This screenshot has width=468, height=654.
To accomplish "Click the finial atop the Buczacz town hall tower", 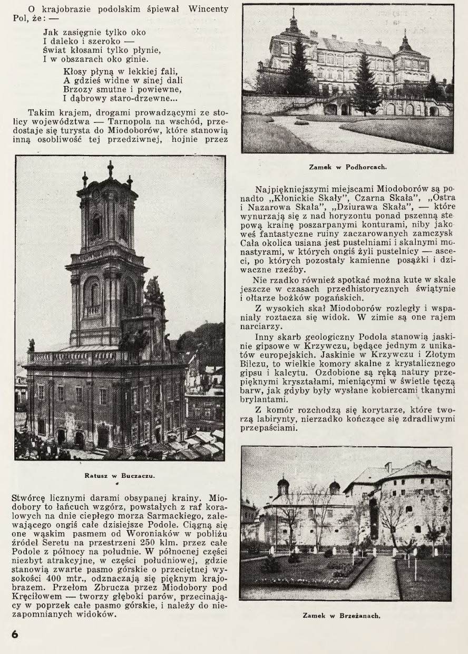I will [x=110, y=168].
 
